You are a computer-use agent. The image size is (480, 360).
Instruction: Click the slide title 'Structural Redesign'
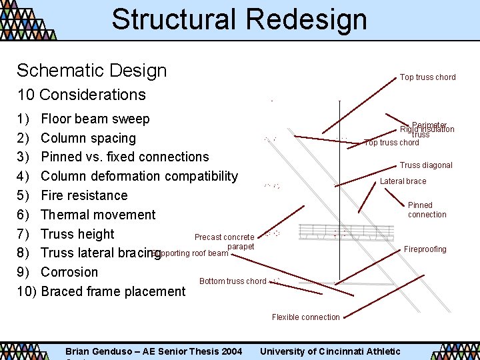coord(239,19)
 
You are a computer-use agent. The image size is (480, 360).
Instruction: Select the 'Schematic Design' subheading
coord(91,71)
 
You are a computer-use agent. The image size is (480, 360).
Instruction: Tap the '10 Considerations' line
coord(81,95)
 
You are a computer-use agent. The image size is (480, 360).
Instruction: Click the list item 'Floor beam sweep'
coord(95,119)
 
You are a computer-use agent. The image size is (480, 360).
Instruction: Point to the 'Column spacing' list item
coord(88,138)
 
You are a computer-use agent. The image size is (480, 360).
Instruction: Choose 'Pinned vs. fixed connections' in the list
coord(125,157)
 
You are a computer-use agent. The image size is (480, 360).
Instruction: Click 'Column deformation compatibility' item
coord(139,176)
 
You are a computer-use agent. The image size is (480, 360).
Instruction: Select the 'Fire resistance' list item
coord(84,195)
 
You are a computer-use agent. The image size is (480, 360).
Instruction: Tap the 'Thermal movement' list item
coord(98,215)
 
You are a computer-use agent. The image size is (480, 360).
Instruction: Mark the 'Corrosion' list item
coord(69,272)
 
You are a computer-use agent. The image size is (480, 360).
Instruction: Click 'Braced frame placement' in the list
coord(113,291)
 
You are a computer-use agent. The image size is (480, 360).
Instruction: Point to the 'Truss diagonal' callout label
coord(426,165)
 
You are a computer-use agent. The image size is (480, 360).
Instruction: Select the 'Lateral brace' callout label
coord(403,181)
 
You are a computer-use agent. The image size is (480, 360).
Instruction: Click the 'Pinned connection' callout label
coord(427,210)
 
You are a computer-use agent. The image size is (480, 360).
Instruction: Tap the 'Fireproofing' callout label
coord(425,249)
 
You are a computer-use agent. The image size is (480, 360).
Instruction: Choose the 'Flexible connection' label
coord(305,317)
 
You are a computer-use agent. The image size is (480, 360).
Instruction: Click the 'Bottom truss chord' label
coord(233,281)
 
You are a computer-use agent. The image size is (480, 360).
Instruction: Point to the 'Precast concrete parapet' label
coord(225,241)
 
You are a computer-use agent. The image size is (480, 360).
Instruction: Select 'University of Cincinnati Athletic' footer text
coord(330,351)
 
